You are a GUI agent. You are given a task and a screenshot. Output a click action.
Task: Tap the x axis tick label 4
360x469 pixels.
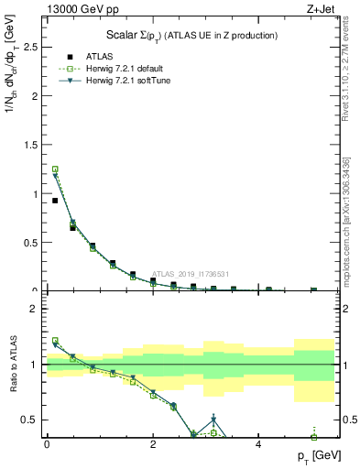point(257,444)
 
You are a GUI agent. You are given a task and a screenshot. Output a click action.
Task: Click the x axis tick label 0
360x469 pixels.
point(47,444)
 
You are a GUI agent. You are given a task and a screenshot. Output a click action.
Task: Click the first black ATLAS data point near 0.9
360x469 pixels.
point(55,201)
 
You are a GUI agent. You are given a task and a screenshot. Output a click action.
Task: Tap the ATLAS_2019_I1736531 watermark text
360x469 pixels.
point(190,274)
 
